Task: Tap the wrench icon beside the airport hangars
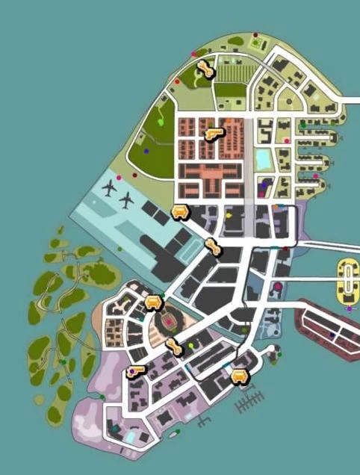[214, 246]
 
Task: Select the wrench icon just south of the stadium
[174, 347]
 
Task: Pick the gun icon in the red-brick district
[214, 134]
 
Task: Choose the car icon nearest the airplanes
[180, 213]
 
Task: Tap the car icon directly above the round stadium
[154, 302]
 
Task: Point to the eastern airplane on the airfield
[128, 200]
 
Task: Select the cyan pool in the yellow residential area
[264, 159]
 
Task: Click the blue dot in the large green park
[146, 151]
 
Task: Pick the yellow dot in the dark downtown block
[229, 216]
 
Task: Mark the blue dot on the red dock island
[332, 335]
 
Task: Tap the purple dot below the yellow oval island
[349, 308]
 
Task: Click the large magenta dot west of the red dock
[277, 286]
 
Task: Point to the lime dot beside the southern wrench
[191, 346]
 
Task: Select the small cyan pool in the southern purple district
[132, 435]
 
